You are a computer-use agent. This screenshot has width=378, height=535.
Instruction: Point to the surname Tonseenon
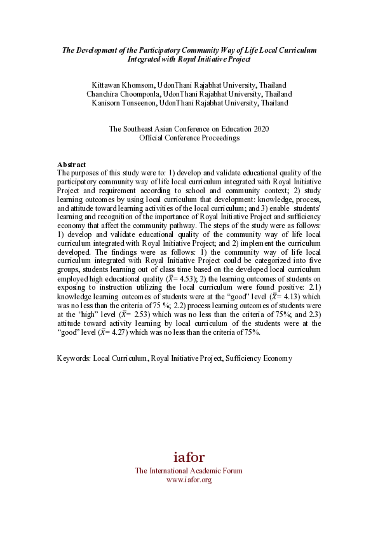(137, 102)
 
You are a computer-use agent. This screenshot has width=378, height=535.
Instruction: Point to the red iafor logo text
(189, 457)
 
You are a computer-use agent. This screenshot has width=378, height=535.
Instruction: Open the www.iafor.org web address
(189, 480)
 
